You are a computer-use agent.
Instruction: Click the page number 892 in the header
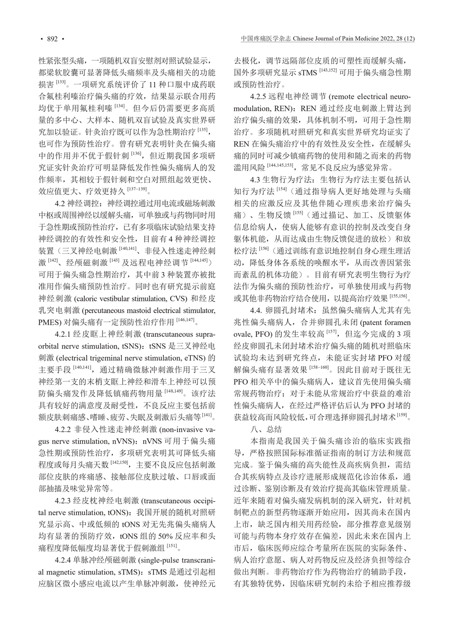pos(52,39)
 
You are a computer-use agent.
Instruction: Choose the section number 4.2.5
pos(259,96)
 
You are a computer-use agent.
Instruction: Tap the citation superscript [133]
pos(61,80)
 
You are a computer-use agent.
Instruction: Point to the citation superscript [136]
pos(136,152)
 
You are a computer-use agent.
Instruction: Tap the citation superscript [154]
pos(282,189)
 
